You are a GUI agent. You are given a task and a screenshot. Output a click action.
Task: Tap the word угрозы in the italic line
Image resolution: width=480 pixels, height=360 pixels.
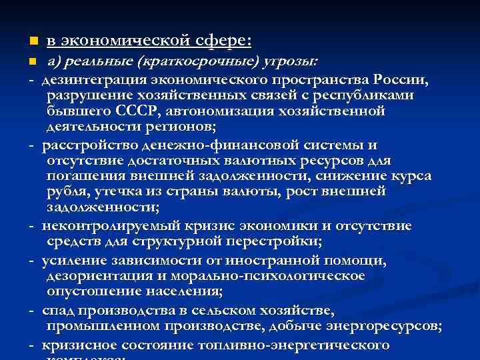click(x=291, y=62)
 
